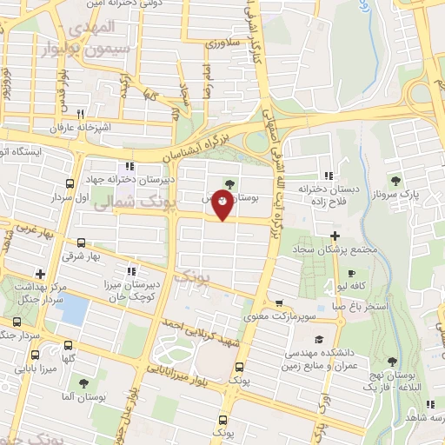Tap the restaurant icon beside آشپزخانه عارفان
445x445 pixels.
tap(81, 113)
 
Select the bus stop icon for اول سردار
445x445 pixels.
tap(70, 183)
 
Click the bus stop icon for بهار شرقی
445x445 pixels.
tap(81, 243)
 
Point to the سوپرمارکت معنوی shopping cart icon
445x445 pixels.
tap(278, 304)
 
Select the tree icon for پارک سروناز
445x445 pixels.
tap(395, 181)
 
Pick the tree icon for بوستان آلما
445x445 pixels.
tap(83, 382)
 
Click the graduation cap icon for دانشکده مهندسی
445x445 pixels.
tap(319, 341)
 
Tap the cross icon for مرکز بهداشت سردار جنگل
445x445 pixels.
tap(39, 273)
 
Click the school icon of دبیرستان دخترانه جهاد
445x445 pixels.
tap(129, 166)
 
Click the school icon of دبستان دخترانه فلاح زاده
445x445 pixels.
tap(328, 175)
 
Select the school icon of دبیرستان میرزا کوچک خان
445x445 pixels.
tap(131, 269)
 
